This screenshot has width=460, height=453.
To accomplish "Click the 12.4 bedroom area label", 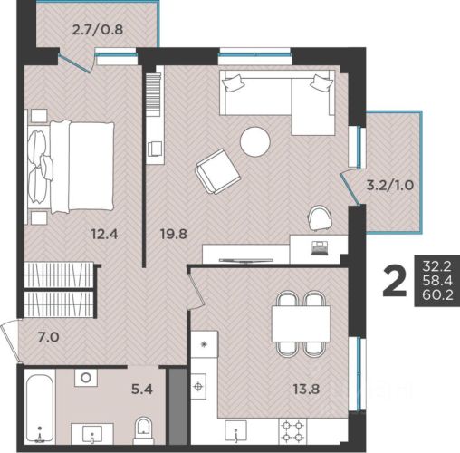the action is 104,234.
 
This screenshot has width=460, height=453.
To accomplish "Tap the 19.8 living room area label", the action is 174,234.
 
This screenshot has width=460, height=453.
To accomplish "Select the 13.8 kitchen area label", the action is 306,389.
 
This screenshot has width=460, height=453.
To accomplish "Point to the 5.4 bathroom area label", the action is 142,389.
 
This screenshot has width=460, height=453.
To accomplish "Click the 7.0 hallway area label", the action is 48,337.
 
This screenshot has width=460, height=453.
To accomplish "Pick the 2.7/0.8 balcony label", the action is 98,30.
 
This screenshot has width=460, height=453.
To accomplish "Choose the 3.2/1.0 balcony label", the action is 389,185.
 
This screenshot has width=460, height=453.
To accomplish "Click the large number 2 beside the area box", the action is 395,283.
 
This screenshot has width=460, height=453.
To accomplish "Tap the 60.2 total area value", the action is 437,295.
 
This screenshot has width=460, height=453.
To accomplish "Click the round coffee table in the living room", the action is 254,141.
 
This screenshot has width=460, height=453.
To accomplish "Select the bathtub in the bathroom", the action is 39,409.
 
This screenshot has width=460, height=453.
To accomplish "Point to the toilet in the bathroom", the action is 144,430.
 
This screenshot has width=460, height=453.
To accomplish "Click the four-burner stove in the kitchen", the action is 292,431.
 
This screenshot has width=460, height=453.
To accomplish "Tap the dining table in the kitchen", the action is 301,323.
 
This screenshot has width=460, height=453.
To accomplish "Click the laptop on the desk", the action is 320,247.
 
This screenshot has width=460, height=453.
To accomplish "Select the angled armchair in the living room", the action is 218,171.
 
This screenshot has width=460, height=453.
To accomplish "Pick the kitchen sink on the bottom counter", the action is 235,430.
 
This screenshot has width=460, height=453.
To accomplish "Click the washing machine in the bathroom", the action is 86,378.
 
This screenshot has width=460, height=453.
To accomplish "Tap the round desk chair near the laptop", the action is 320,218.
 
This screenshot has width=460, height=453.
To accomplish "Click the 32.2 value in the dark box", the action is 437,266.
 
